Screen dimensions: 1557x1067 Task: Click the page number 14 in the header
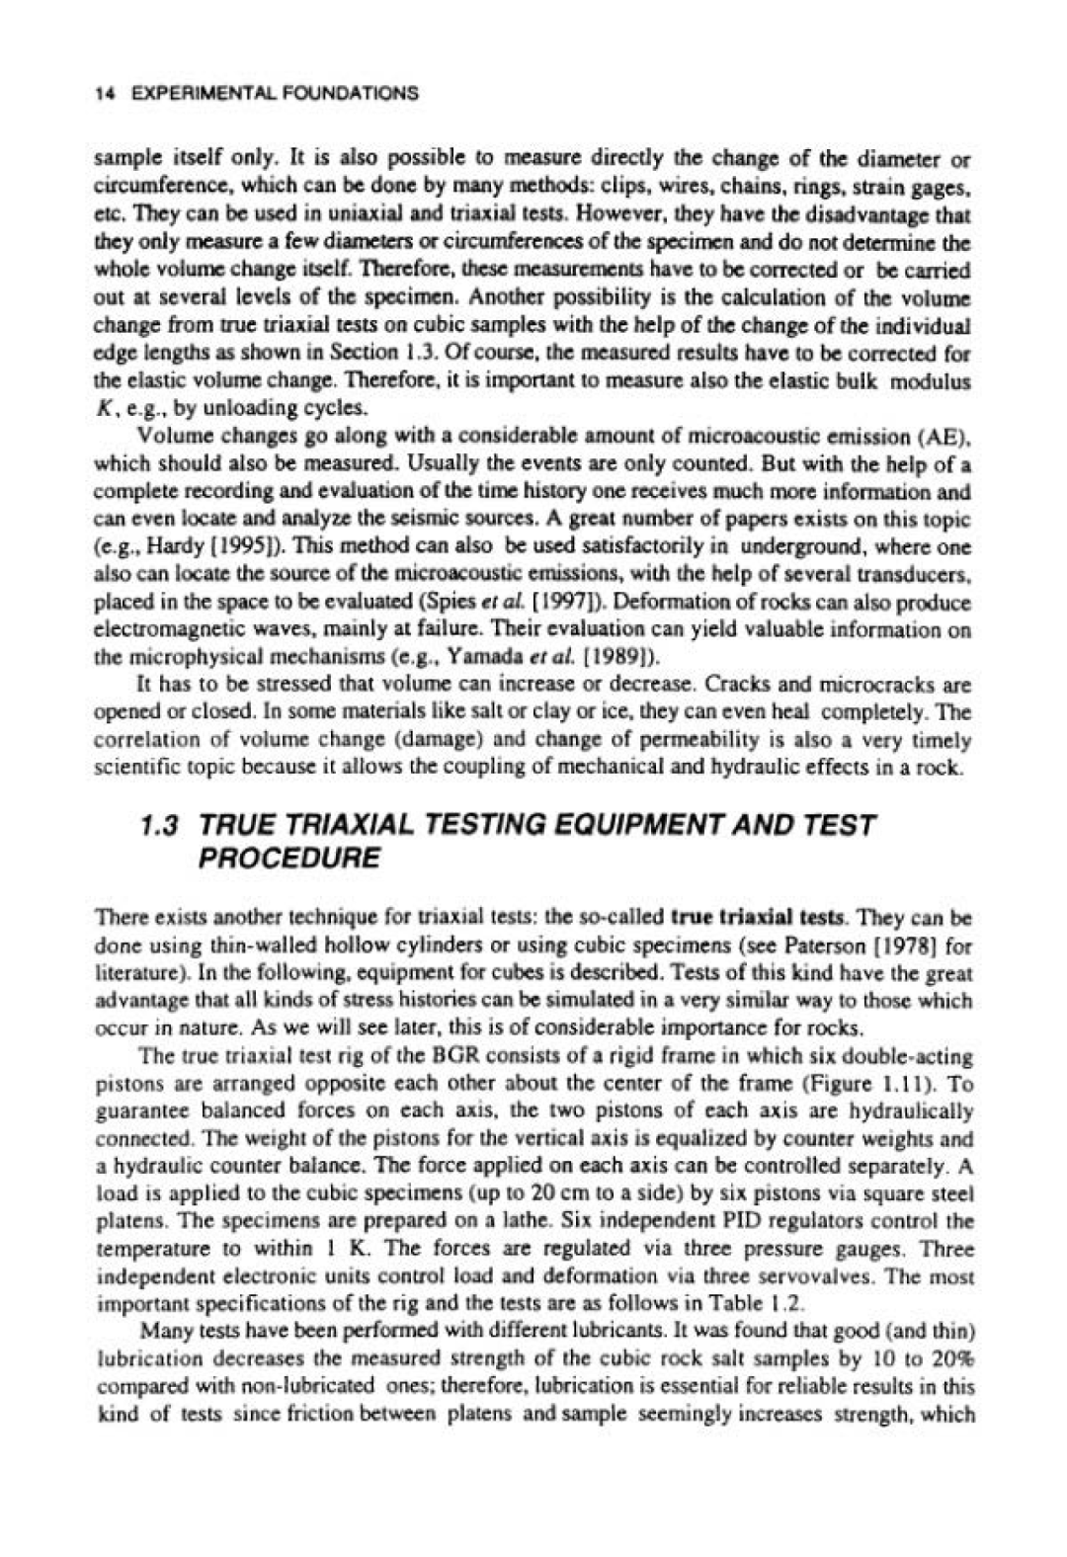pyautogui.click(x=101, y=94)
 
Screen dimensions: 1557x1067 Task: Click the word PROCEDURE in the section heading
pyautogui.click(x=287, y=858)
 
